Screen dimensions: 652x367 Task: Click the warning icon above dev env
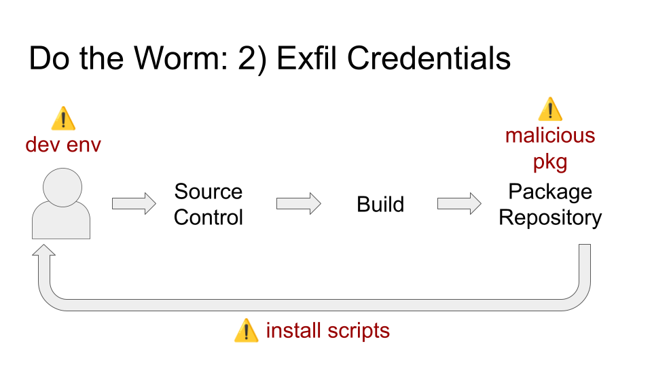(63, 118)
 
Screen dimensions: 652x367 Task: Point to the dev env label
(63, 145)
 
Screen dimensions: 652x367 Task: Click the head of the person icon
(62, 188)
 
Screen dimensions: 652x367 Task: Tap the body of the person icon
(61, 220)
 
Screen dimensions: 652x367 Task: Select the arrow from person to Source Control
(134, 204)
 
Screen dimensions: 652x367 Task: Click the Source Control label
(209, 205)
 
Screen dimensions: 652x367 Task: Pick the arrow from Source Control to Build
(299, 204)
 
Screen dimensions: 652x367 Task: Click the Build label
(380, 205)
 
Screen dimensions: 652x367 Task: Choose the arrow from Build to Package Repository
(459, 204)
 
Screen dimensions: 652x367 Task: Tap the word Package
(550, 192)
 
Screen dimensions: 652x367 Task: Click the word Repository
(550, 217)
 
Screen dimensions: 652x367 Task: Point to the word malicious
(550, 136)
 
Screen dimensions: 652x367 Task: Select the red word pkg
(550, 162)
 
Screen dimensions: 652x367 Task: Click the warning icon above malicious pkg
(550, 109)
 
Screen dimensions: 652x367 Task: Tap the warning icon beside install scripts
(246, 330)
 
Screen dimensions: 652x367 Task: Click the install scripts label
(327, 331)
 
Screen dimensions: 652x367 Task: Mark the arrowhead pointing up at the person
(43, 251)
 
